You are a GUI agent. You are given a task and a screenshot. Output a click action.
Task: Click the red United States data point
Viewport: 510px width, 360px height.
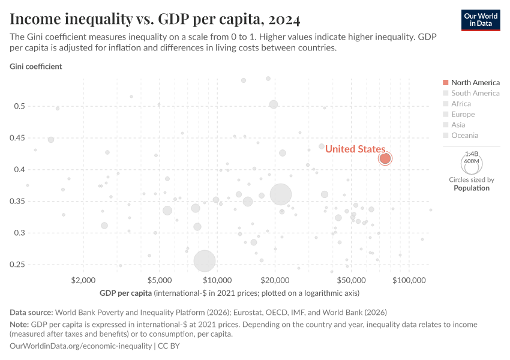385,158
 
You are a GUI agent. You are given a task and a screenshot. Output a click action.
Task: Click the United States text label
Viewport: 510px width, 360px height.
355,149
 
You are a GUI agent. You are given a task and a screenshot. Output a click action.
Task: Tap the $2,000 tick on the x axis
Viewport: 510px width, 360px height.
83,280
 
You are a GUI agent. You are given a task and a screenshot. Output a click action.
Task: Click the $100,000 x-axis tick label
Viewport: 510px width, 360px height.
410,280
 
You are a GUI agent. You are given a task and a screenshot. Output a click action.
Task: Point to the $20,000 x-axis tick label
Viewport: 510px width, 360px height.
275,280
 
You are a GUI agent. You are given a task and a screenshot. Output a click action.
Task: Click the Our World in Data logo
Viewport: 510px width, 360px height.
480,20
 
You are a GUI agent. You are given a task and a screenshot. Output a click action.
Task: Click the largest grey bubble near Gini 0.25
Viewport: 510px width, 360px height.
205,261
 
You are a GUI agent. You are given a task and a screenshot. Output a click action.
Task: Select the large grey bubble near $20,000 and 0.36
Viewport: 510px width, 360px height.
281,194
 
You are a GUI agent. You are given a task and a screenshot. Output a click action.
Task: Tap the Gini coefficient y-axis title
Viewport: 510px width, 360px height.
36,67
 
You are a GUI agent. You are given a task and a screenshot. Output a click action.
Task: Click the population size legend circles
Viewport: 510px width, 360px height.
471,163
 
